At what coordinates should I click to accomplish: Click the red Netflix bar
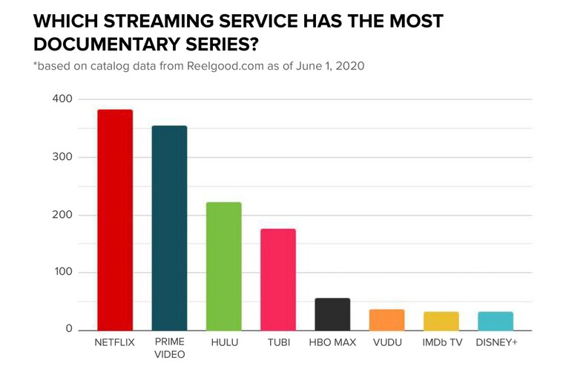115,219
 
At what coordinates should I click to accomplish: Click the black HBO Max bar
332,314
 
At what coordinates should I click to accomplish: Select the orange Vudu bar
386,319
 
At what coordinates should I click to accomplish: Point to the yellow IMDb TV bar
441,321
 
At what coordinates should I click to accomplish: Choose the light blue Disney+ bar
496,321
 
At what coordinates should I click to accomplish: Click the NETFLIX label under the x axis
115,342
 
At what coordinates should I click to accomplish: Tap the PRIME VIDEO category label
169,348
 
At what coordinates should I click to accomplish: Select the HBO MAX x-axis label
332,342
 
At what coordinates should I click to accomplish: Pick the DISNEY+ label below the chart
496,342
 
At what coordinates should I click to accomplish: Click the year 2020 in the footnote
349,66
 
